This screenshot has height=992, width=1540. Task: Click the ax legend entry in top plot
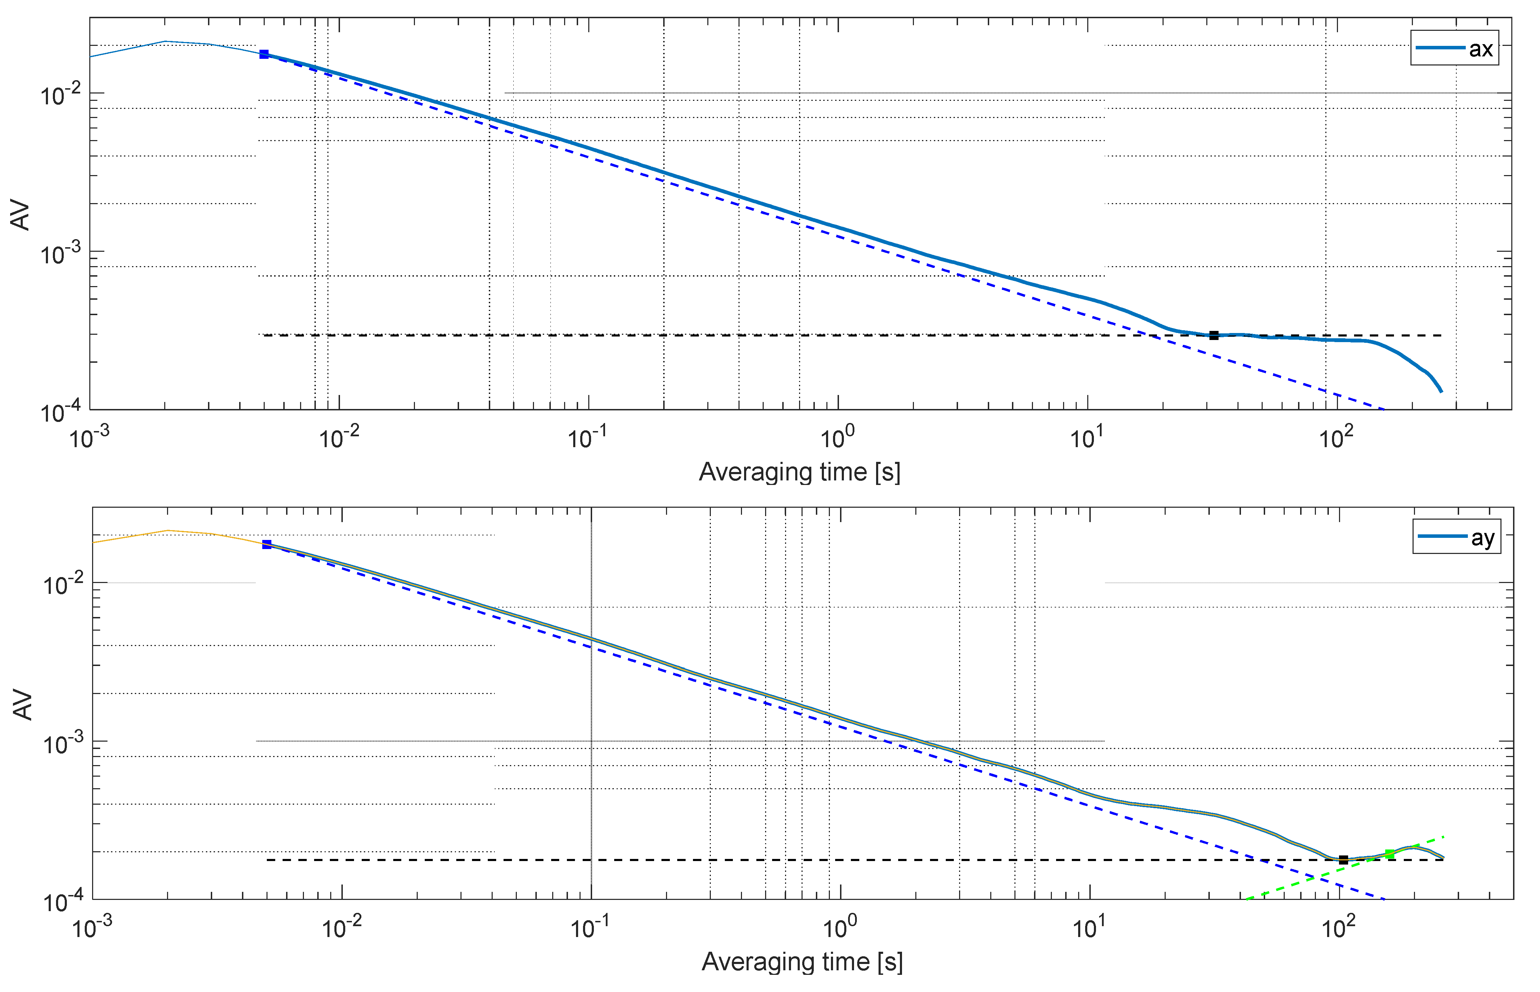[x=1454, y=48]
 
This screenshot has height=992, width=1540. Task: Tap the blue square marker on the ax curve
[x=264, y=55]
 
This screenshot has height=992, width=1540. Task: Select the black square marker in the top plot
[x=1213, y=335]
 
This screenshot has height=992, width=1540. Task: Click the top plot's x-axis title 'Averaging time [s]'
[x=799, y=472]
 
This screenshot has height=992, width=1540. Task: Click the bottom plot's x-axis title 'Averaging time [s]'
[x=802, y=962]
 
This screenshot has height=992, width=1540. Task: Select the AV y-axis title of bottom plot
[x=23, y=705]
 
